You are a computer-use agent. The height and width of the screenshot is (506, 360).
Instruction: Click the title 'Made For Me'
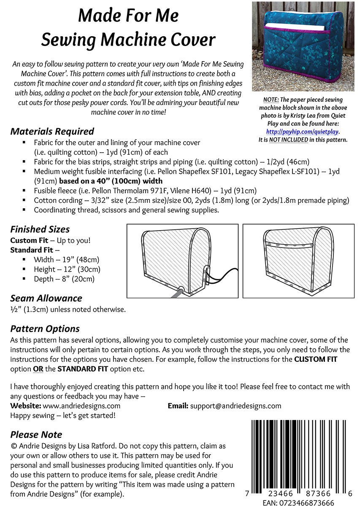click(x=128, y=16)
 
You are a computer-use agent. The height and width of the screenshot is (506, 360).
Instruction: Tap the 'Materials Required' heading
click(x=52, y=132)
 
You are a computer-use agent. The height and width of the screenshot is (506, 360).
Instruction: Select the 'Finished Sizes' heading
click(x=40, y=230)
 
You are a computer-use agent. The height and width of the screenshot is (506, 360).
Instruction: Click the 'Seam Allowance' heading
click(x=46, y=299)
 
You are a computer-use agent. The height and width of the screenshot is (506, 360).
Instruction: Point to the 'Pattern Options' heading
click(x=45, y=329)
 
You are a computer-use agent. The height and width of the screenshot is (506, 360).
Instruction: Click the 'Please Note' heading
click(x=36, y=435)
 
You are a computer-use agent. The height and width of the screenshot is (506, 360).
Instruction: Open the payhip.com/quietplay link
click(x=303, y=132)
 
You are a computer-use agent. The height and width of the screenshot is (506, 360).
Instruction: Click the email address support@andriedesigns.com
click(x=235, y=406)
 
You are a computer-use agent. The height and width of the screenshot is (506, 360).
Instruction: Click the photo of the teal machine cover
click(x=303, y=46)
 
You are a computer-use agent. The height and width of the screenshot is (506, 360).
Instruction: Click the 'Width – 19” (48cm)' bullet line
click(x=66, y=260)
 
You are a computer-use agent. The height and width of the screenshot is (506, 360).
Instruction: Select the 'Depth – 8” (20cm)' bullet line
click(x=64, y=279)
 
